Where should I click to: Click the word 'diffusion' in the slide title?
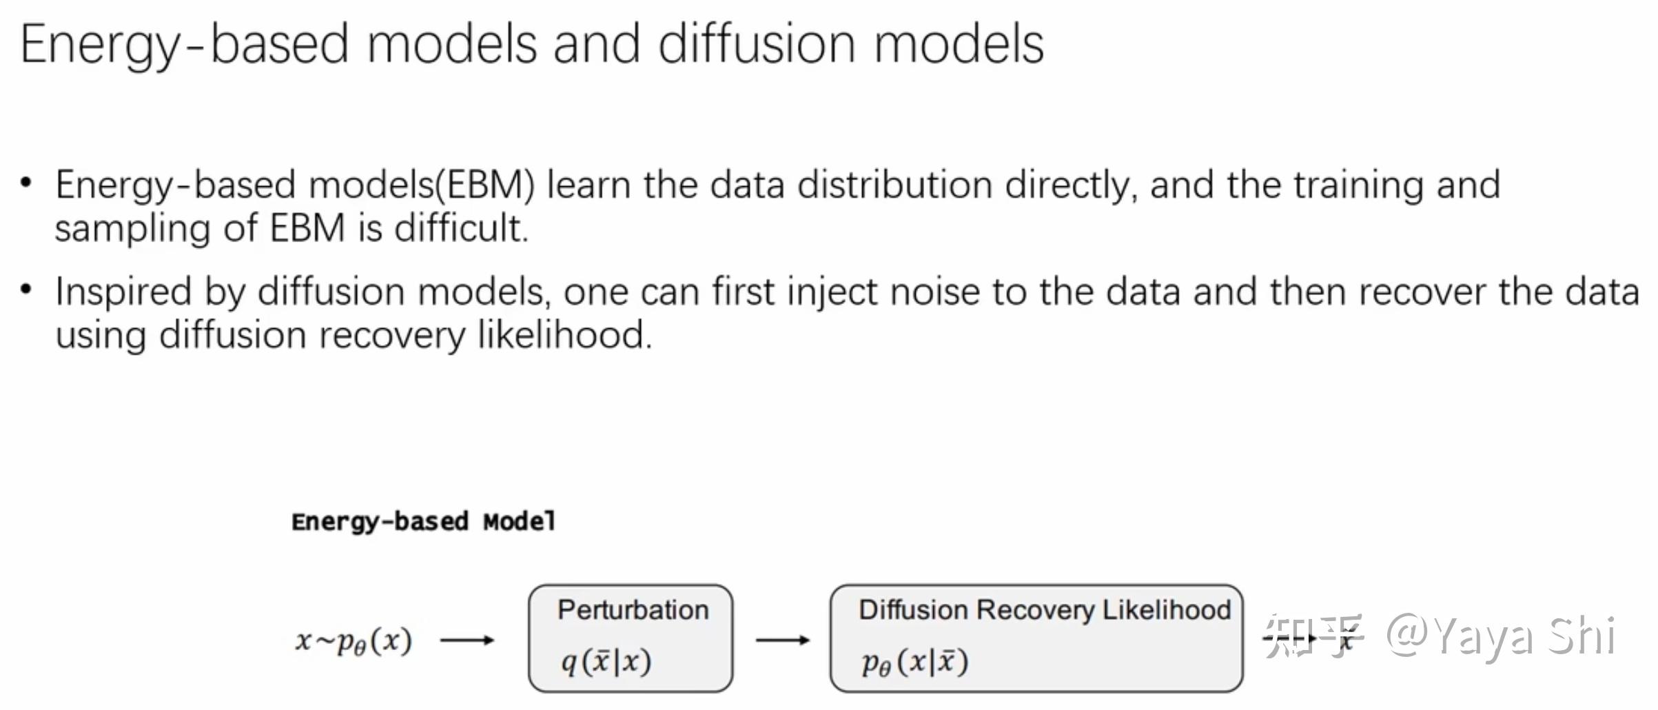[756, 43]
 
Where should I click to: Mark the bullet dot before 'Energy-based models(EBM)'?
[26, 183]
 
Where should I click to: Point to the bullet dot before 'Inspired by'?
[26, 289]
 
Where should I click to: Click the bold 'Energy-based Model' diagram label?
[424, 522]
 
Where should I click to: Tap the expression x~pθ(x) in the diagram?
[354, 641]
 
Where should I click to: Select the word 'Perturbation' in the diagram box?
[633, 610]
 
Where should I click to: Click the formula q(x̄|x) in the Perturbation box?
[606, 662]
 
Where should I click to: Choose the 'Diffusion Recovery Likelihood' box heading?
[1045, 610]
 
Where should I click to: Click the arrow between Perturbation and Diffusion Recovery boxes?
[782, 640]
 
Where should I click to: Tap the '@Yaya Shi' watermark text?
[1501, 636]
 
